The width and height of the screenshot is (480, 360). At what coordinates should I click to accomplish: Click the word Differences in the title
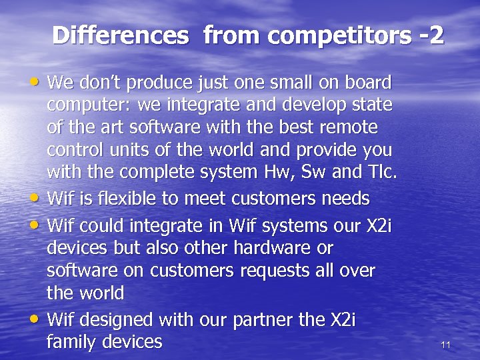click(120, 35)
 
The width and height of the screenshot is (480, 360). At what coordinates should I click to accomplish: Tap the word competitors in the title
click(307, 35)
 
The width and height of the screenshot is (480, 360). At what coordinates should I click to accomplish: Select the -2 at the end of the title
click(431, 35)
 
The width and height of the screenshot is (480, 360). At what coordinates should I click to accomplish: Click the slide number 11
click(446, 345)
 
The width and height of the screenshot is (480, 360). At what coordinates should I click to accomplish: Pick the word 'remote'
click(353, 127)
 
